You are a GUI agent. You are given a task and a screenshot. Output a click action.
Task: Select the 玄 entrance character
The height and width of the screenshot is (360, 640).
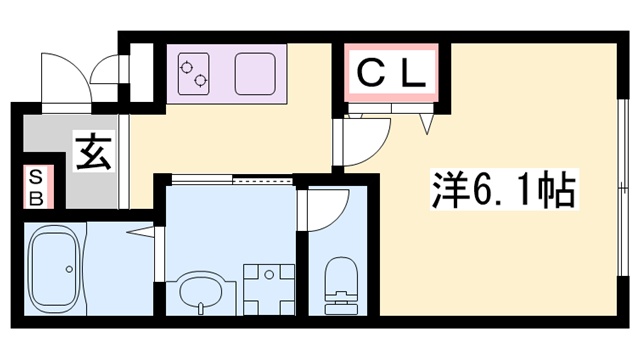pos(93,155)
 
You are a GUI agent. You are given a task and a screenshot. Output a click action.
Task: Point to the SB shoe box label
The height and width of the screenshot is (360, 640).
pos(35,187)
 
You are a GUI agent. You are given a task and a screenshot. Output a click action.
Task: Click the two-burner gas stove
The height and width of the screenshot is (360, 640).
pos(193,73)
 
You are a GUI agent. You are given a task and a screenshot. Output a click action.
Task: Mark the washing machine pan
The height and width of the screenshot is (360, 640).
pos(267,285)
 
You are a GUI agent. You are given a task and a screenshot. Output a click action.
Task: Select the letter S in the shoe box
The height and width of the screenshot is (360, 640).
pos(35,177)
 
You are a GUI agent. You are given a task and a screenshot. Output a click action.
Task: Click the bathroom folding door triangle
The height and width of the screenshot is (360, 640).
pos(146,235)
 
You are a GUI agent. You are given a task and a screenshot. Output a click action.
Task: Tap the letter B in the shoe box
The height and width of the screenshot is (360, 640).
pos(35,197)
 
